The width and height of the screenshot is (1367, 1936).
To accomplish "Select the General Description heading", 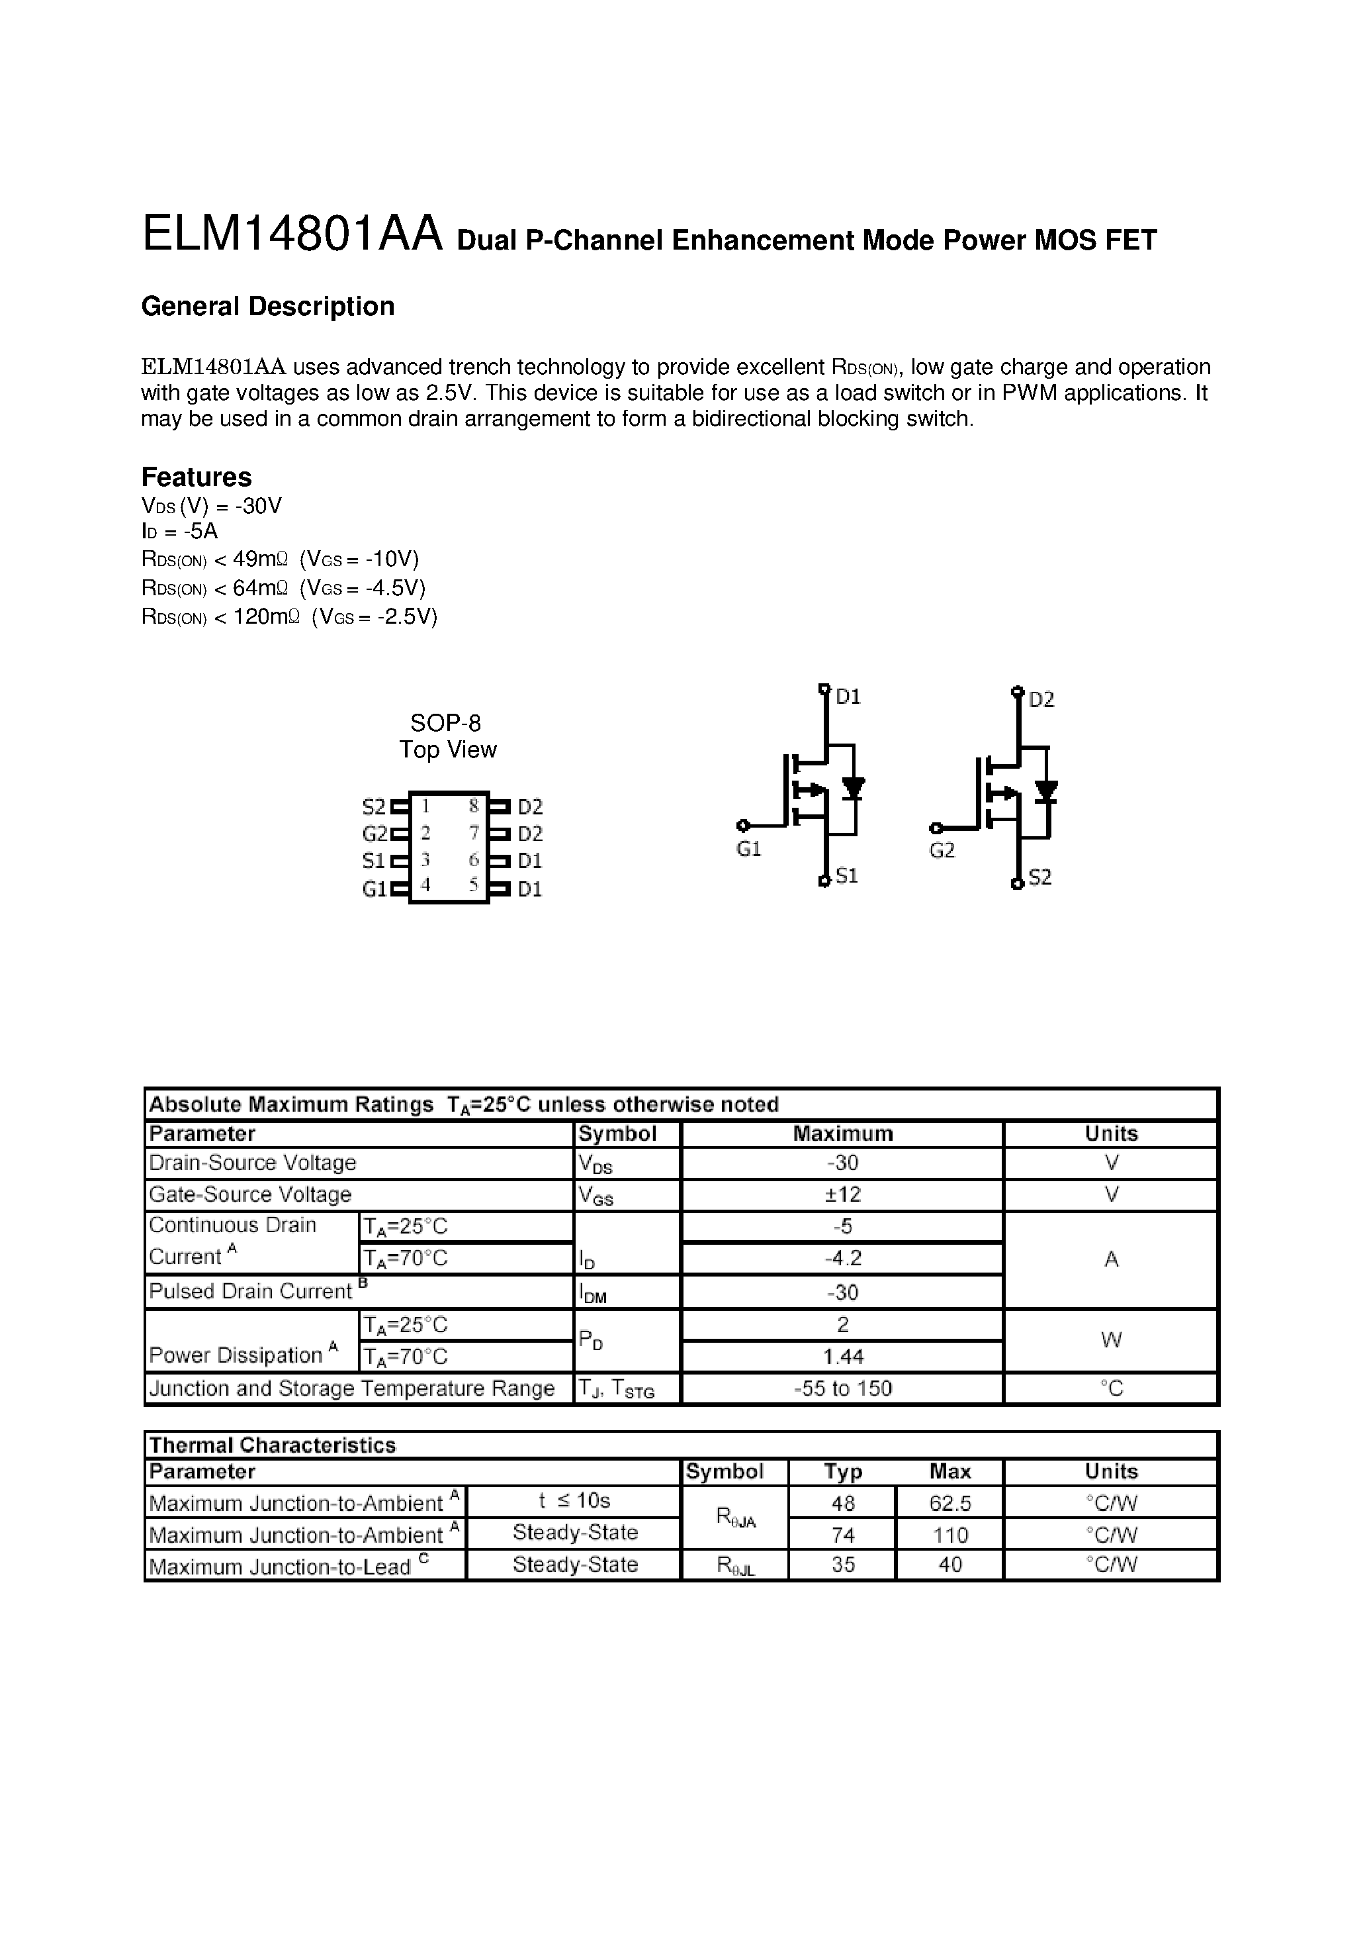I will tap(267, 306).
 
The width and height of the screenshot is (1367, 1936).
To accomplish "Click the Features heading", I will tap(197, 477).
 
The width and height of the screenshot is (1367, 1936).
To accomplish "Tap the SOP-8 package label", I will tap(445, 722).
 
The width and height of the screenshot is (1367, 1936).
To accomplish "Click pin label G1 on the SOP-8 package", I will tap(375, 889).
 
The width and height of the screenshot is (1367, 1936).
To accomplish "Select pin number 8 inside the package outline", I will tap(474, 805).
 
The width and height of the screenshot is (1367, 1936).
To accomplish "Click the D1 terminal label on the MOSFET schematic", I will tap(848, 697).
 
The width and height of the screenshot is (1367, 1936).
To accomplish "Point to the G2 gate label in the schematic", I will tap(942, 851).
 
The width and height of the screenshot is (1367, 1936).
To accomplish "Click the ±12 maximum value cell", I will tap(842, 1195).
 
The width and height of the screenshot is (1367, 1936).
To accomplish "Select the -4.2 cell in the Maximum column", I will tap(842, 1258).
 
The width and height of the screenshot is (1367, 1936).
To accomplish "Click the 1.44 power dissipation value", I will tap(842, 1357).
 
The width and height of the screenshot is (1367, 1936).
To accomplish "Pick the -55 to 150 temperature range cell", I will tap(842, 1388).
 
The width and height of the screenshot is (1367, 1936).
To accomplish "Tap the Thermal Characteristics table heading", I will tap(272, 1445).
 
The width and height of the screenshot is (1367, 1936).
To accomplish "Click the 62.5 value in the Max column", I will tap(950, 1504).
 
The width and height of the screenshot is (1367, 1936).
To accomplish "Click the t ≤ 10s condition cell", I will tap(574, 1501).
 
